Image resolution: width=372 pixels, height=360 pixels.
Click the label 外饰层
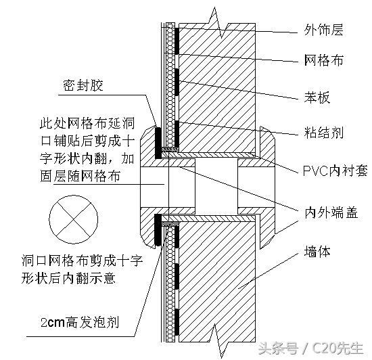323,30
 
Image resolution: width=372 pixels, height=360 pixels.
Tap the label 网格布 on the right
324,60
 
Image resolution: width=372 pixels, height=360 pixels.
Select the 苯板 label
317,97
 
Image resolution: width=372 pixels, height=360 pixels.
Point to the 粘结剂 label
324,133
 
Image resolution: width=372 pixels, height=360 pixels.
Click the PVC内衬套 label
335,171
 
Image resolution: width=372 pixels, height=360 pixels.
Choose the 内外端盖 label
331,212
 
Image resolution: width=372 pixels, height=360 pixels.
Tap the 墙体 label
317,251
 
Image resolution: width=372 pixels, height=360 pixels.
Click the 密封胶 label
83,85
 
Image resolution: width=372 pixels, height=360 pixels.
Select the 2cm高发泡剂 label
80,322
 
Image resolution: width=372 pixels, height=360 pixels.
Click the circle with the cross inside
74,196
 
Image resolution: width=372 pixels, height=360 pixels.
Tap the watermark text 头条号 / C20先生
311,348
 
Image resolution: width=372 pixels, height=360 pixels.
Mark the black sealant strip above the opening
158,143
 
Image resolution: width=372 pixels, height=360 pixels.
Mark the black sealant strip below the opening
158,229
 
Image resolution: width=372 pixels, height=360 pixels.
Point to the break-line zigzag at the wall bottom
218,340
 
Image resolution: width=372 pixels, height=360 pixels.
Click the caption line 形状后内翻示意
69,277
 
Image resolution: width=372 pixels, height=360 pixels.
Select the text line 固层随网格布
80,176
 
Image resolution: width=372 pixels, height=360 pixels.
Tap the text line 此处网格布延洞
87,123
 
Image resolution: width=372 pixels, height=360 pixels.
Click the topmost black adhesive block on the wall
177,41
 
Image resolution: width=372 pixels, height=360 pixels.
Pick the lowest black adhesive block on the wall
177,322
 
